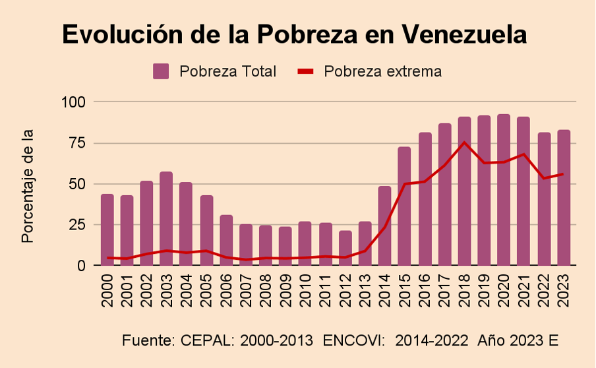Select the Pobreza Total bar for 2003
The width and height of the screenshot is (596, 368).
click(x=166, y=218)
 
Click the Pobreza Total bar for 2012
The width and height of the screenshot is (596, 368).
click(x=345, y=248)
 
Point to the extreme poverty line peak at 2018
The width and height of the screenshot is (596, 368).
click(x=465, y=142)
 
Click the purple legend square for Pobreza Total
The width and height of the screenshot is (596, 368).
click(x=161, y=71)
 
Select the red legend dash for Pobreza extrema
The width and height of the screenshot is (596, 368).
click(x=306, y=71)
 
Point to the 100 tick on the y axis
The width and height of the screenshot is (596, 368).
click(x=73, y=102)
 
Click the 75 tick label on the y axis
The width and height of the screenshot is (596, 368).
click(x=76, y=143)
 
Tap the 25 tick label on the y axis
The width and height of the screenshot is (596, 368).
click(x=76, y=225)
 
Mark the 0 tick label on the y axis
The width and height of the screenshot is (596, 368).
click(x=81, y=266)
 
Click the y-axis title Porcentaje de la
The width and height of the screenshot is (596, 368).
click(x=27, y=186)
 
